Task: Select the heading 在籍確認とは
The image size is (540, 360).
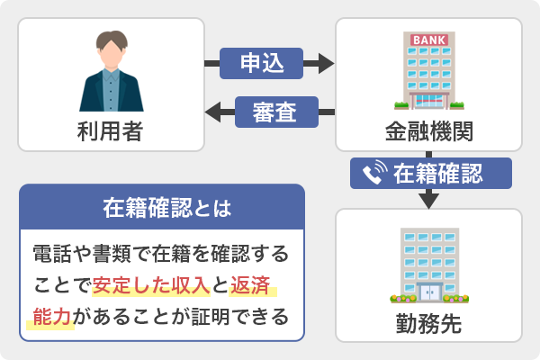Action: click(x=162, y=209)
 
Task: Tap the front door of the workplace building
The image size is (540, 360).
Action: click(x=428, y=292)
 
